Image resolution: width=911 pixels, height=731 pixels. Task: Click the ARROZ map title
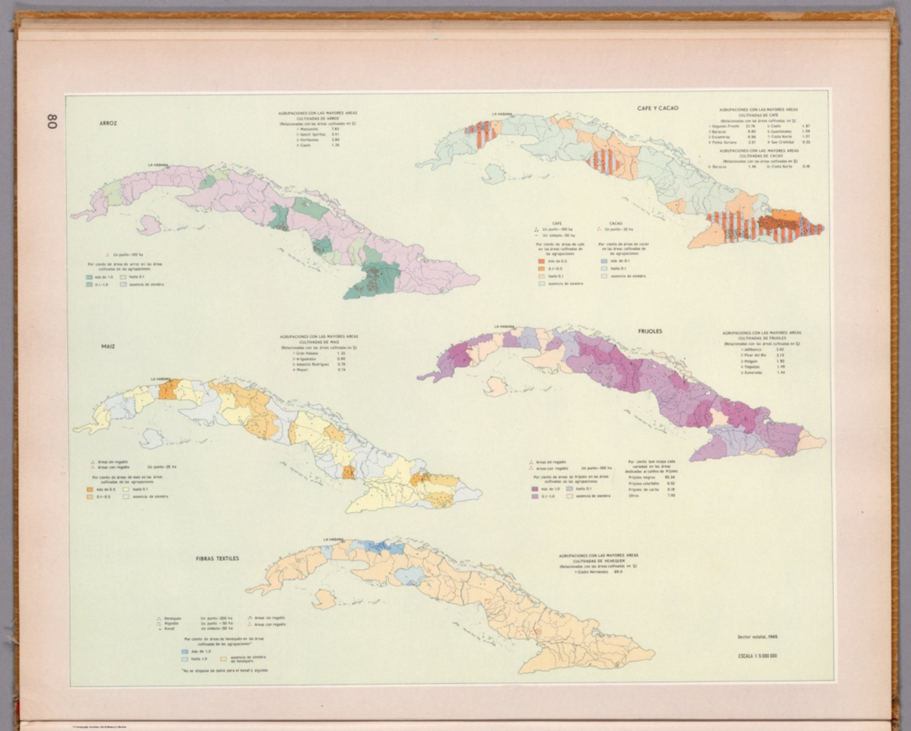[109, 123]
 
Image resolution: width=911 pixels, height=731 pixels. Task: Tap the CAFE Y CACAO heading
[658, 109]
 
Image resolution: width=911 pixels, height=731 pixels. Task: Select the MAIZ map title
[108, 346]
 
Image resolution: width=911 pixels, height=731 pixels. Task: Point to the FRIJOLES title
[650, 331]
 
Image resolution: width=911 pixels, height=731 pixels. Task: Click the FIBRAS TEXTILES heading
[218, 558]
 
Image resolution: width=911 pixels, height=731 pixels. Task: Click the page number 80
[52, 122]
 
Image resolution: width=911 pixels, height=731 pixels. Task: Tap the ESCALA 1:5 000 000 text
[757, 656]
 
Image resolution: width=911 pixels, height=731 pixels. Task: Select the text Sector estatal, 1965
[757, 637]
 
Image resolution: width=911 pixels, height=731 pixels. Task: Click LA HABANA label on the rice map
[158, 165]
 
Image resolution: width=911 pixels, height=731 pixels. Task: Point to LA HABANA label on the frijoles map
[504, 326]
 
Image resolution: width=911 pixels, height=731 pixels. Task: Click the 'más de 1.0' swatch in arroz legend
[89, 277]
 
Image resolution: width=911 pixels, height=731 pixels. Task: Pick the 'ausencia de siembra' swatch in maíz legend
[126, 497]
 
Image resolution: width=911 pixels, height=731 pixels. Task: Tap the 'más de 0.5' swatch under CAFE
[541, 261]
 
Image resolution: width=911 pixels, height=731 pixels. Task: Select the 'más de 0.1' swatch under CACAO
[604, 261]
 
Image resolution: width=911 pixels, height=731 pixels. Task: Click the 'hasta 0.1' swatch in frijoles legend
[569, 489]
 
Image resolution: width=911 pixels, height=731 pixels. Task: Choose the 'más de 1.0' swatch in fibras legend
[184, 651]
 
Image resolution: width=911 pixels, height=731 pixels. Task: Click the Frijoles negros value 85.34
[670, 477]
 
